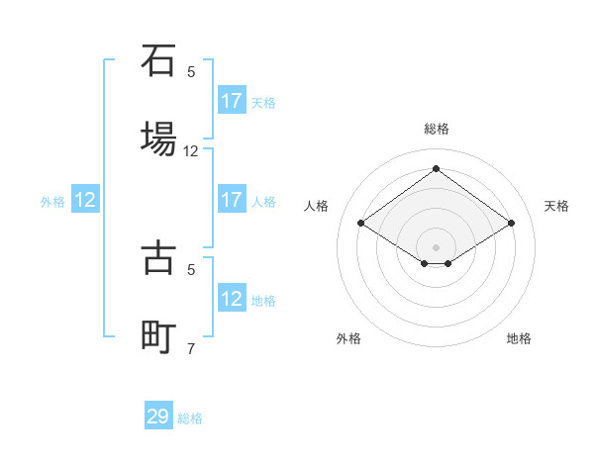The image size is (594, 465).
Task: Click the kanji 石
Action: [x=158, y=60]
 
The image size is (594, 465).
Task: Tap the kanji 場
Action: [x=158, y=139]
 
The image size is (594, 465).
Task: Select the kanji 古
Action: [x=158, y=257]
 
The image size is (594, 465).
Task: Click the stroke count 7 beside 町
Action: [x=191, y=348]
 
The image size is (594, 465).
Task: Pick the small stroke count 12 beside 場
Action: [x=191, y=151]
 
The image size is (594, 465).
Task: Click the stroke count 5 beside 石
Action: [x=191, y=71]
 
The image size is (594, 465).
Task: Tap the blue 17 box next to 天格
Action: [x=232, y=101]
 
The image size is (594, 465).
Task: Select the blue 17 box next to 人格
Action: [x=232, y=200]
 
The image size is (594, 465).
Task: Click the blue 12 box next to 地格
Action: [x=232, y=299]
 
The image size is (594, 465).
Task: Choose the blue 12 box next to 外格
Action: [x=85, y=200]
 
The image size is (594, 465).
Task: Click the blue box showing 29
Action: [x=158, y=417]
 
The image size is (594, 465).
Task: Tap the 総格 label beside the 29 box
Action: [x=190, y=418]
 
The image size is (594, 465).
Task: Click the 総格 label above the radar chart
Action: [x=436, y=129]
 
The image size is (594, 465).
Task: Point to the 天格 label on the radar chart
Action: [x=556, y=206]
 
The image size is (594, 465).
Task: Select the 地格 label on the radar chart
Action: [x=519, y=338]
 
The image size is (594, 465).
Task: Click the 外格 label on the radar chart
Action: [x=348, y=338]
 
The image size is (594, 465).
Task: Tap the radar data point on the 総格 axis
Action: [x=436, y=168]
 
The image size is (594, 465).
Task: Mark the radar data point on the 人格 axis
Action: [x=361, y=224]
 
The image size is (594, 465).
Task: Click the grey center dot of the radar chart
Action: [x=436, y=246]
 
